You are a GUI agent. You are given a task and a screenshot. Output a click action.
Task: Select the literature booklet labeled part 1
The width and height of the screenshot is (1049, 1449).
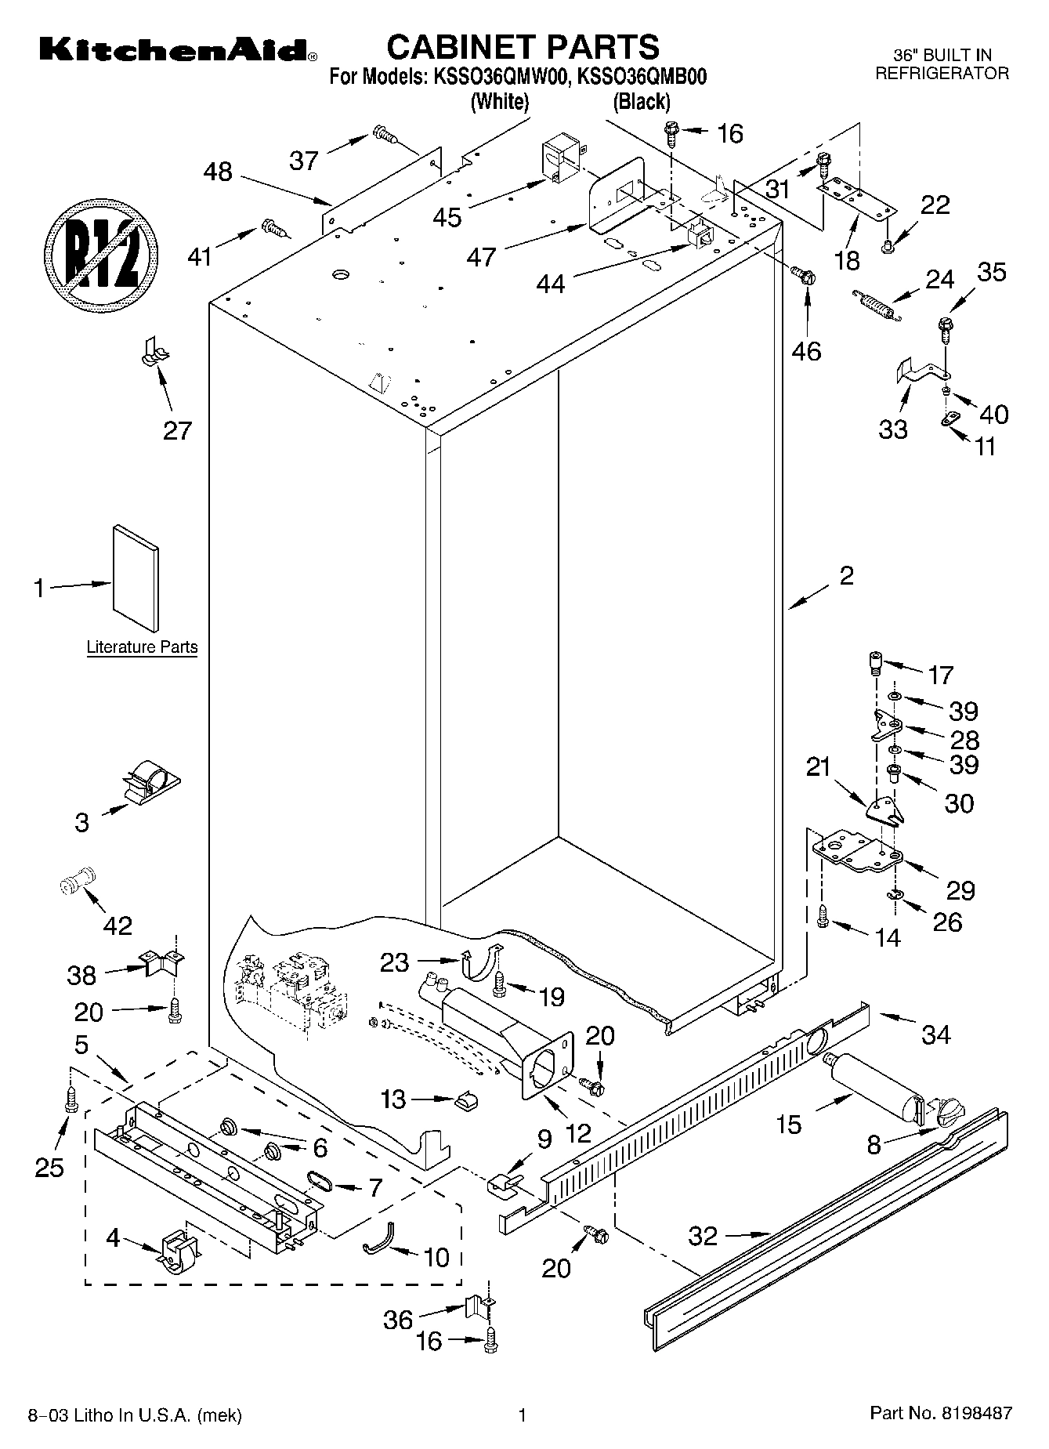tap(135, 577)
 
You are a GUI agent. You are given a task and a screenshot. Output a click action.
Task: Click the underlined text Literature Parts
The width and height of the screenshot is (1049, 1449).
tap(142, 647)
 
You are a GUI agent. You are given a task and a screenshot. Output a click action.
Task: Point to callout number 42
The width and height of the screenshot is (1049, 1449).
tap(118, 926)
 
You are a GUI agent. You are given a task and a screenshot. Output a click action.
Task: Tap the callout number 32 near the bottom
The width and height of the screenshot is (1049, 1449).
tap(702, 1236)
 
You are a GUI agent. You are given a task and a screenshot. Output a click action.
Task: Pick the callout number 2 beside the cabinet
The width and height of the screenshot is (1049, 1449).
tap(845, 576)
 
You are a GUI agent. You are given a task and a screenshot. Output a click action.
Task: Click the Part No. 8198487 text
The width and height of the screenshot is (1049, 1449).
tap(940, 1414)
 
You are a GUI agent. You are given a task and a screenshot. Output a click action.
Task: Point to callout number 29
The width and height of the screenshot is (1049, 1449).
tap(960, 889)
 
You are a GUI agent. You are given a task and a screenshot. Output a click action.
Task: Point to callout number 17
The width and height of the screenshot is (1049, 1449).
tap(940, 674)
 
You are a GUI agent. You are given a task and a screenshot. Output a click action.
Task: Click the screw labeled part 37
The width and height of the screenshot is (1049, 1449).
tap(384, 135)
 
